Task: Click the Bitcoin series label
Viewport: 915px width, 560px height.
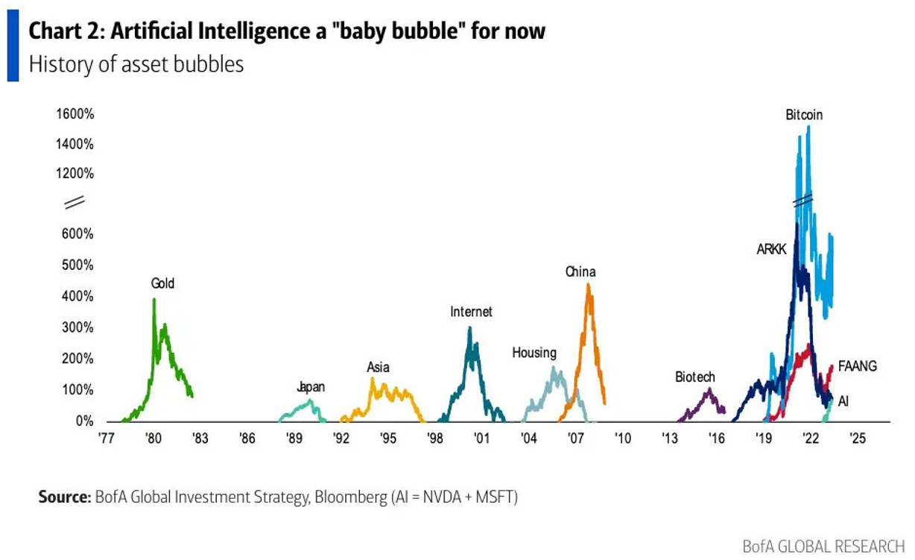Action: (803, 115)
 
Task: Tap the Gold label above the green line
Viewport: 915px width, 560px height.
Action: (162, 283)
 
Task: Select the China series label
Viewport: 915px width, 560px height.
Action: (580, 272)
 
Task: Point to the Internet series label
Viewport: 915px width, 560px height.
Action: (471, 312)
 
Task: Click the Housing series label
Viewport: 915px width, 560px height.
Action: (534, 353)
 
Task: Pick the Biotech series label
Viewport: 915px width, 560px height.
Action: (694, 377)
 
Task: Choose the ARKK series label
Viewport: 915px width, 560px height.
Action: (771, 251)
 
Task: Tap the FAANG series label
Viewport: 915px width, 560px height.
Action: (857, 366)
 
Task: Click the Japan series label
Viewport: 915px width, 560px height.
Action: (311, 387)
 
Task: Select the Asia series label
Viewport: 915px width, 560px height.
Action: (378, 367)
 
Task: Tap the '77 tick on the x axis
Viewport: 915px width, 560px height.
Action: (106, 438)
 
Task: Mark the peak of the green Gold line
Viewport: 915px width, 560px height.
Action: (153, 300)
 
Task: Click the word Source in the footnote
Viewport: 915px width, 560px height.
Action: (64, 497)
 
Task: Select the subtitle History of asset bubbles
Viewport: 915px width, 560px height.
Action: (136, 64)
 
